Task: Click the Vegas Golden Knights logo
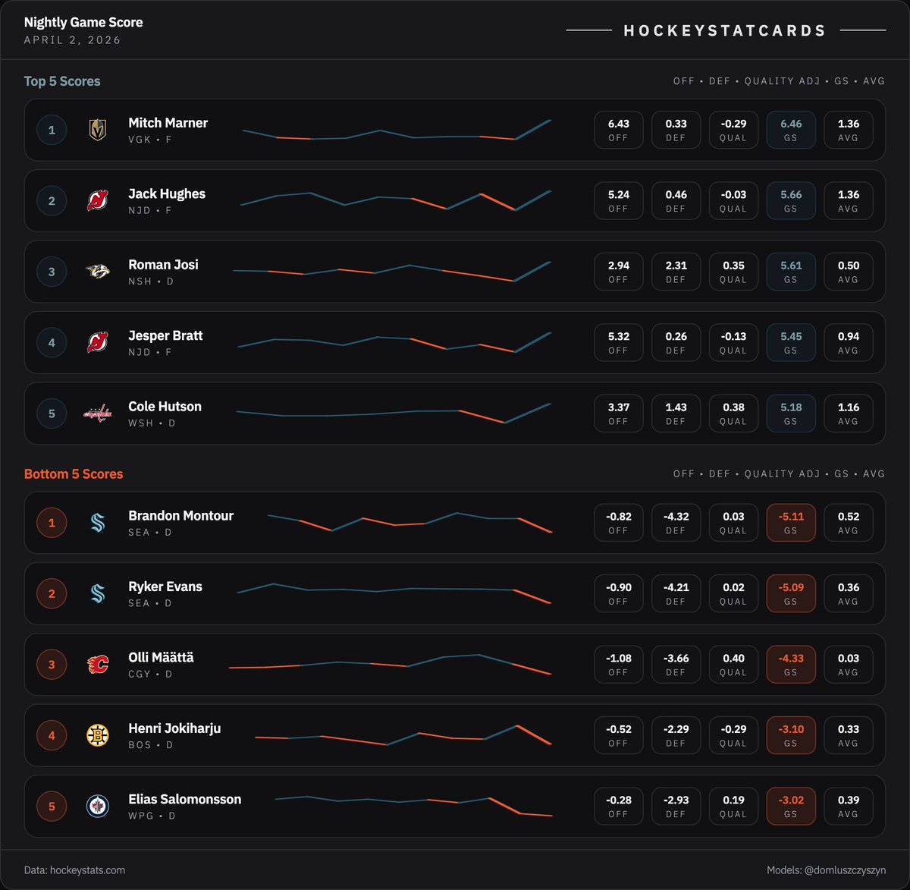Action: click(97, 130)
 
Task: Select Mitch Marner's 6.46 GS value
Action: click(791, 130)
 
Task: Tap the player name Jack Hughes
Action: click(167, 193)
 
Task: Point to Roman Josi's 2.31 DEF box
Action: click(676, 272)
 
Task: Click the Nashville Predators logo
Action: click(97, 272)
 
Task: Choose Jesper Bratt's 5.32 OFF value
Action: click(618, 342)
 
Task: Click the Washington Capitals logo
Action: click(97, 414)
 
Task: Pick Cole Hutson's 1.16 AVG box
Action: click(848, 414)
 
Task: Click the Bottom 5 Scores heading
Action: click(74, 474)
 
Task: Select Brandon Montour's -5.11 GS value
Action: click(791, 523)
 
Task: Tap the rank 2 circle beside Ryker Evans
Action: click(52, 593)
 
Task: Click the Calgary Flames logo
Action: click(97, 665)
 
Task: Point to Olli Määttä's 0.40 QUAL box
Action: click(733, 665)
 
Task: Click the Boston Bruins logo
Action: click(97, 735)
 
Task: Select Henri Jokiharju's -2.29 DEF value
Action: click(676, 735)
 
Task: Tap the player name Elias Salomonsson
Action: click(185, 799)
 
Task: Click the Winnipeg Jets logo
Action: click(97, 806)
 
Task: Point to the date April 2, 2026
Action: click(72, 40)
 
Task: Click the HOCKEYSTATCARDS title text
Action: click(725, 30)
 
